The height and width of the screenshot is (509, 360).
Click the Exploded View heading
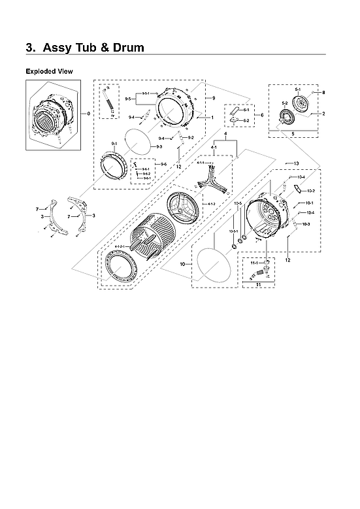49,71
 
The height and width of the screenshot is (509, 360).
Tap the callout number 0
89,115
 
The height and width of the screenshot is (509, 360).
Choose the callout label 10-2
311,191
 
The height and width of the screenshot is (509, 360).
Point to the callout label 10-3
305,224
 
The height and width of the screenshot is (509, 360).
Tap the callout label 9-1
114,143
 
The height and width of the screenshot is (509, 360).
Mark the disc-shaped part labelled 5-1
302,106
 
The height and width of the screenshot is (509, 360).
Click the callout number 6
262,115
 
